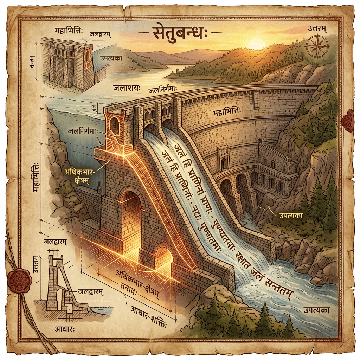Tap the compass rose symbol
(x=317, y=47)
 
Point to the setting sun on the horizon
(x=257, y=44)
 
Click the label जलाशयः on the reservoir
(x=126, y=87)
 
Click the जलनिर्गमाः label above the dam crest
(x=165, y=90)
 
